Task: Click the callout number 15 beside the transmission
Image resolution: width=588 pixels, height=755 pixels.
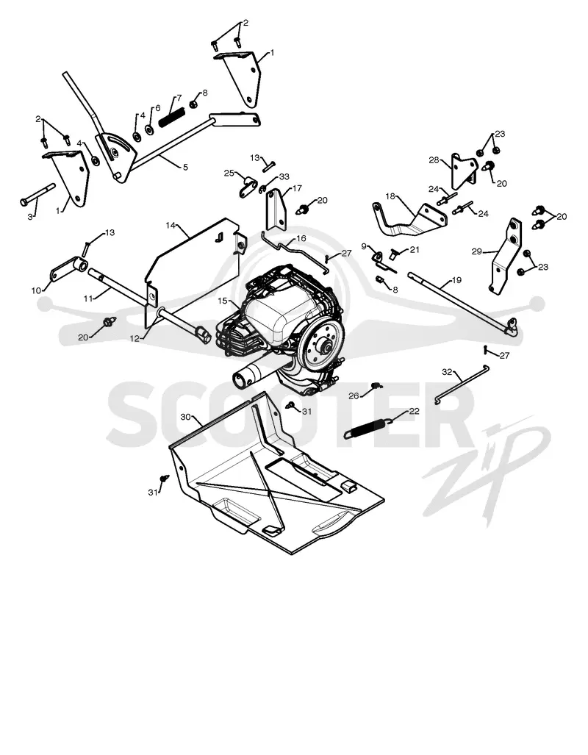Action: (x=222, y=301)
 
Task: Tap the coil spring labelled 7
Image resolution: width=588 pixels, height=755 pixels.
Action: (x=171, y=117)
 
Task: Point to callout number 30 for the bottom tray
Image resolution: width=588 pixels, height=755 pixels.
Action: (x=186, y=417)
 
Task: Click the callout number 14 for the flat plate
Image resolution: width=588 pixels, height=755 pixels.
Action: (x=171, y=226)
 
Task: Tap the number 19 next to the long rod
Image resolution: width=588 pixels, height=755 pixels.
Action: (x=456, y=280)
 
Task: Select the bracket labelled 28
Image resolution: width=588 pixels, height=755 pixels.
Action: (x=463, y=171)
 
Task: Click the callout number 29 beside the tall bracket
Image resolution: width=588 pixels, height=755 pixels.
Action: (x=477, y=251)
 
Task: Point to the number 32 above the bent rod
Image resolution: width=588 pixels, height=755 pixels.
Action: (x=448, y=372)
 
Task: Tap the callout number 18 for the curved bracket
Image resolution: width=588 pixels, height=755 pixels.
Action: (x=390, y=196)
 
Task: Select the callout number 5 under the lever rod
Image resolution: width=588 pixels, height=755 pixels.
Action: (x=185, y=167)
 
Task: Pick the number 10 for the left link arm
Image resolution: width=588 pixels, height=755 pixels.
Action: (x=37, y=290)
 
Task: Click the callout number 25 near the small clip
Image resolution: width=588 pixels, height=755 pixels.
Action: (x=229, y=173)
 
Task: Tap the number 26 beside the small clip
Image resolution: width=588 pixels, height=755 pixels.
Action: (x=354, y=396)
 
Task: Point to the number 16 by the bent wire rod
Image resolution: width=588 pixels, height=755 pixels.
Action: (x=301, y=238)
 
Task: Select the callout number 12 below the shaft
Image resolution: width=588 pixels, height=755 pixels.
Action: (x=135, y=338)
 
